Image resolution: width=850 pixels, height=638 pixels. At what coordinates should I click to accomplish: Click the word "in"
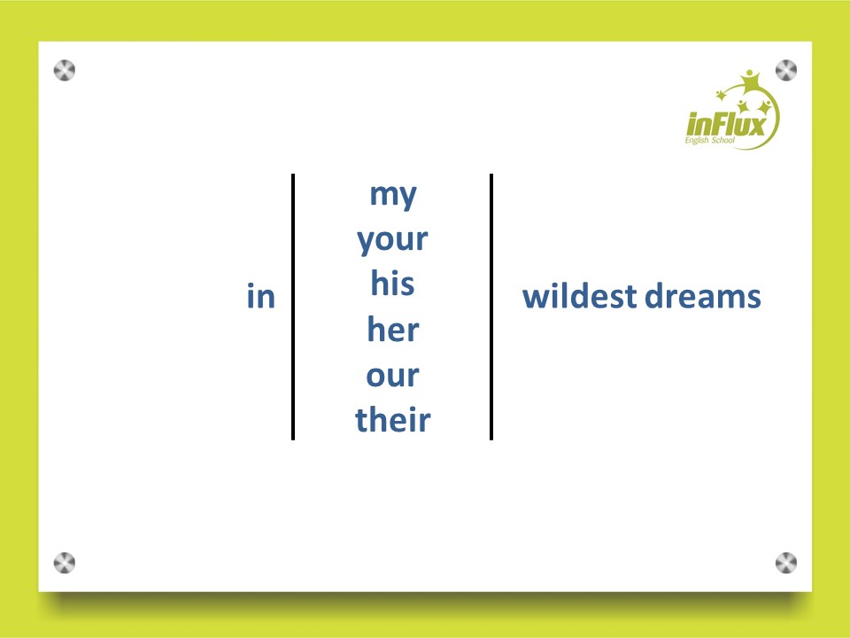[x=260, y=296]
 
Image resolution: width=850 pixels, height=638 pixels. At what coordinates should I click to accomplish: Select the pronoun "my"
[x=393, y=195]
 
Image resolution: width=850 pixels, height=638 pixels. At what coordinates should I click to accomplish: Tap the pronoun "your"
[x=392, y=239]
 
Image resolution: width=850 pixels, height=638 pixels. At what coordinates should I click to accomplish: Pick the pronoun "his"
[x=392, y=284]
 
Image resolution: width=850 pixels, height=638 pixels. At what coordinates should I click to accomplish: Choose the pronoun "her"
[x=393, y=329]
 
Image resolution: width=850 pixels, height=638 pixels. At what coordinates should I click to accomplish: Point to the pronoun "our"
[x=392, y=376]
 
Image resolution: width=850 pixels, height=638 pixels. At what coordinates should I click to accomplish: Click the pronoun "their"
[x=393, y=419]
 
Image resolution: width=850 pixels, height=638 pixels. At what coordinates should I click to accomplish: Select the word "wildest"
[x=579, y=296]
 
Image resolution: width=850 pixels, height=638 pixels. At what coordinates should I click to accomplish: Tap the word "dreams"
[x=702, y=296]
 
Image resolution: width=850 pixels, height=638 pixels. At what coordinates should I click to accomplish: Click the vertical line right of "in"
[x=293, y=307]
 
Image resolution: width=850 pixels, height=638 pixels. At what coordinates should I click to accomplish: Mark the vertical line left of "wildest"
[x=491, y=307]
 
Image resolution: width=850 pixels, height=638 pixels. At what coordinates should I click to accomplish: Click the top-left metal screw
[x=65, y=71]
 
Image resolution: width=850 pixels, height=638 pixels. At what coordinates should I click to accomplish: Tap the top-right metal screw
[x=786, y=71]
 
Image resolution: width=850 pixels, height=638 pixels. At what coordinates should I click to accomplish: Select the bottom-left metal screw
[x=65, y=563]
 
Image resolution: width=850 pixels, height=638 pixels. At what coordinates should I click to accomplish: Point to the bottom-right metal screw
[x=786, y=563]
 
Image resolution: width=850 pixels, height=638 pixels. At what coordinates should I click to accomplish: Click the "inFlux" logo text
[x=726, y=124]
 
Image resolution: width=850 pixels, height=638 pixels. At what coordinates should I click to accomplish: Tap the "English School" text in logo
[x=709, y=141]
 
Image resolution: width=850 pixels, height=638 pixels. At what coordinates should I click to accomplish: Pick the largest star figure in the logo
[x=750, y=82]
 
